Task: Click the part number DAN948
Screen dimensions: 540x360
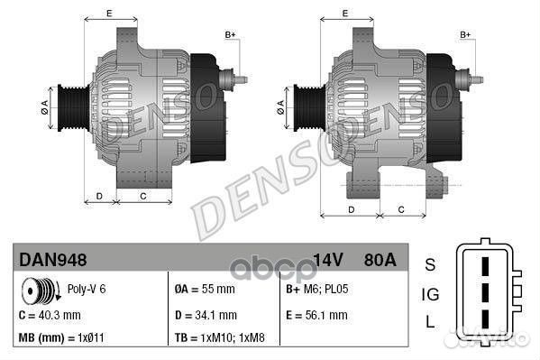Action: [52, 260]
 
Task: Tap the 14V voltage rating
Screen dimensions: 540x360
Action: [328, 260]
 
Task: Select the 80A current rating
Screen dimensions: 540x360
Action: [380, 260]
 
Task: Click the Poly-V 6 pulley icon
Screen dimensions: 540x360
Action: [41, 291]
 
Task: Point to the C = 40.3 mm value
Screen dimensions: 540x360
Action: [50, 315]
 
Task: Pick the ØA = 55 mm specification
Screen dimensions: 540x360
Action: [205, 289]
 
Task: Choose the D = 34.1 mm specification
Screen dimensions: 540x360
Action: [206, 315]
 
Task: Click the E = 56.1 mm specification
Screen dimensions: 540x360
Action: [316, 315]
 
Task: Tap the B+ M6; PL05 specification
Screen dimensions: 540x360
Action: [316, 289]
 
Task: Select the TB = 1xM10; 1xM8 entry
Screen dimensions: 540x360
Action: [219, 337]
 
